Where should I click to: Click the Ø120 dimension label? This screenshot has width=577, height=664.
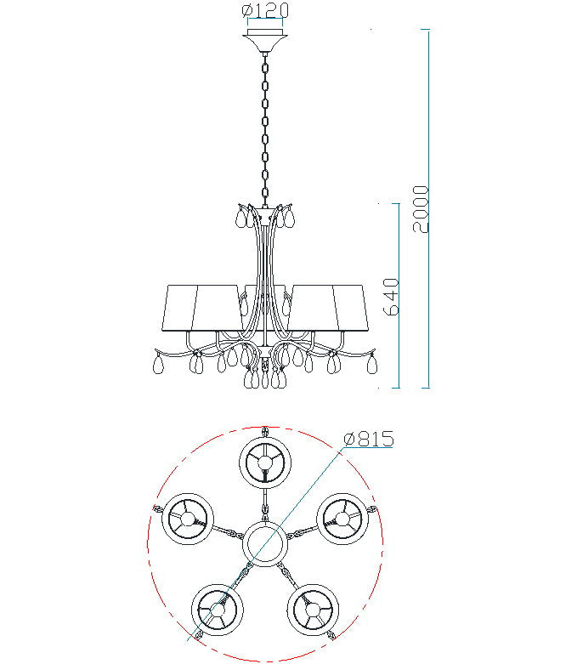click(265, 10)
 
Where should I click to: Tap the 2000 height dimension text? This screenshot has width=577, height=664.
click(421, 209)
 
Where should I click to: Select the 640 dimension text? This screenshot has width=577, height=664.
click(391, 297)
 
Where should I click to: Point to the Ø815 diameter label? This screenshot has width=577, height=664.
click(369, 440)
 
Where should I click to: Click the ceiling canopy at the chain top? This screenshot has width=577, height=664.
click(265, 40)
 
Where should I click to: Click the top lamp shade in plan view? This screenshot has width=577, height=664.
click(265, 463)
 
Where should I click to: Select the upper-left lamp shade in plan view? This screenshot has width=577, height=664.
click(188, 519)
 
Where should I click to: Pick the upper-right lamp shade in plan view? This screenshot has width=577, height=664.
click(343, 519)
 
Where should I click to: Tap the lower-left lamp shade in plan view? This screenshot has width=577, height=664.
click(218, 610)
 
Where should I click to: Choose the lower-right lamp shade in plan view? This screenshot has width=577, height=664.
click(313, 610)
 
